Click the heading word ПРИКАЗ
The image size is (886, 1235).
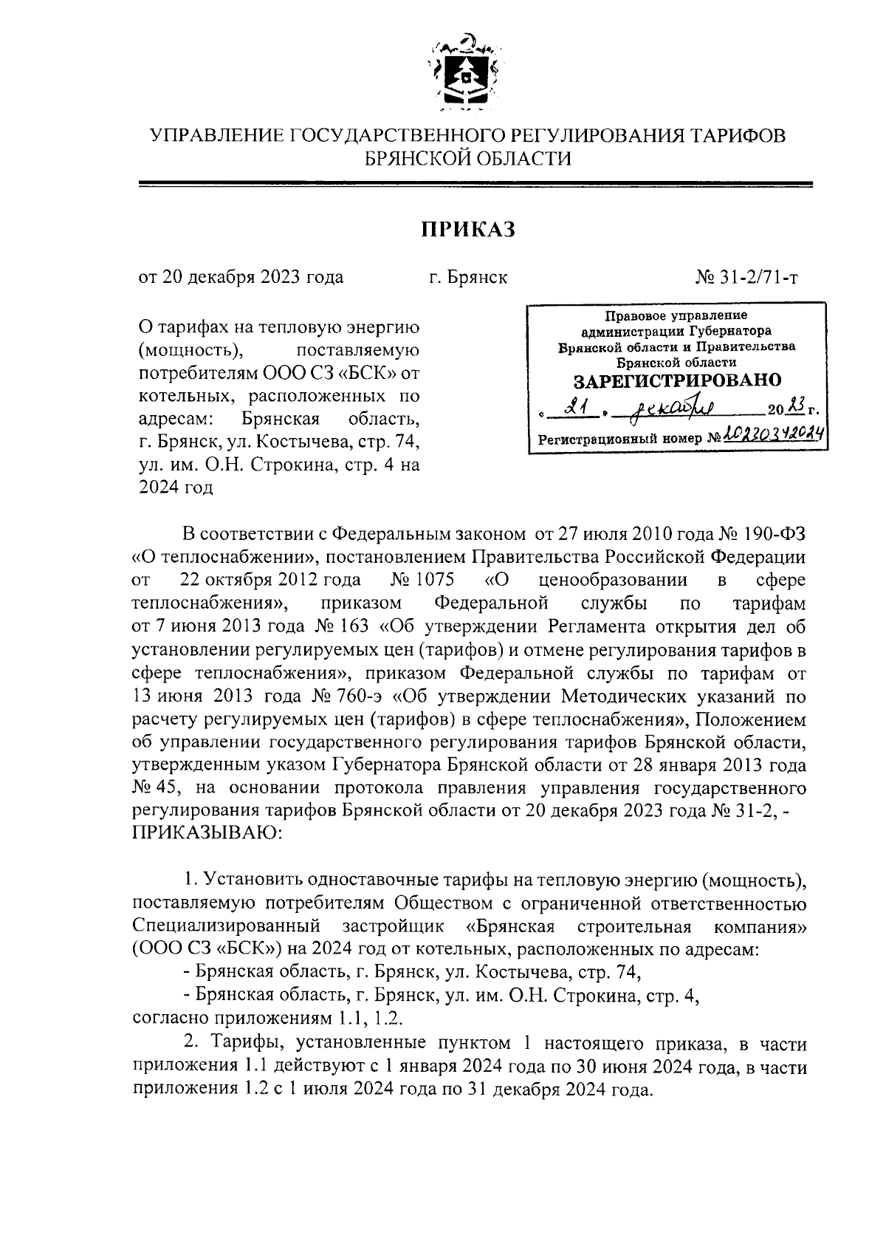coord(468,230)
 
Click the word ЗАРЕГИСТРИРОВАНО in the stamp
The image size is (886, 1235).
coord(677,380)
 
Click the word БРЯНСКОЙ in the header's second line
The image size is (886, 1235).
coord(419,158)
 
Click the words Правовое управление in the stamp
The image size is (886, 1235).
coord(676,316)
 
